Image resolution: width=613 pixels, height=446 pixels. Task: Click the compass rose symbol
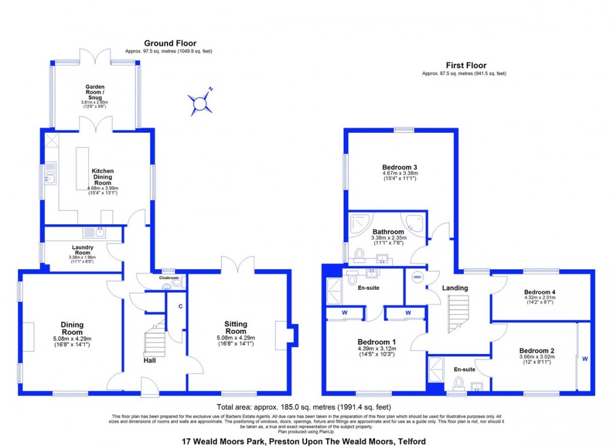pos(200,103)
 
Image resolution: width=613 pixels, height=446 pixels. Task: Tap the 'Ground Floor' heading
pos(170,43)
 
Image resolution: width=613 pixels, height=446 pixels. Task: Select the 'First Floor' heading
pos(466,66)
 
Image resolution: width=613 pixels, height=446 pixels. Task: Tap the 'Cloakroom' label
pos(168,278)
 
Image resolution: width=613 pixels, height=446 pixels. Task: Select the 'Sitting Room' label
pos(236,328)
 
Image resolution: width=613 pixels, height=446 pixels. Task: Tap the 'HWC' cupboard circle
pos(417,278)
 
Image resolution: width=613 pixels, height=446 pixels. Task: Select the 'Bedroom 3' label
pos(400,167)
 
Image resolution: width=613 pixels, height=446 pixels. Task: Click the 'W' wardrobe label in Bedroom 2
pos(584,359)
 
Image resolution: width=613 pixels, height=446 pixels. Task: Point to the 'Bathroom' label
pos(388,231)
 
